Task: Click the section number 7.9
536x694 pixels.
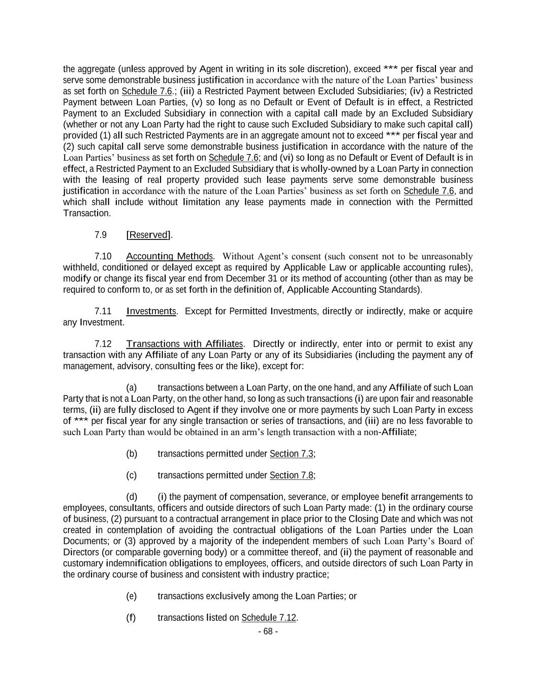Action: click(x=101, y=235)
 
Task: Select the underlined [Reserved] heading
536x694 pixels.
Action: click(x=148, y=235)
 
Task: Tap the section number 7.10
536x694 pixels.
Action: click(x=103, y=256)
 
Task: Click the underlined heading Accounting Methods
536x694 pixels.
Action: click(x=169, y=256)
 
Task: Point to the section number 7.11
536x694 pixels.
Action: click(x=103, y=311)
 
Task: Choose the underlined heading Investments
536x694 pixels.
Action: click(x=151, y=311)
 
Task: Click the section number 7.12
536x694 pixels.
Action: click(x=103, y=344)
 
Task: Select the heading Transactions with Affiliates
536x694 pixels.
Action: click(x=184, y=344)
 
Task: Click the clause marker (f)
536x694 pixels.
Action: click(x=131, y=618)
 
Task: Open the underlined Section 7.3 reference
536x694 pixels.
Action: click(x=292, y=454)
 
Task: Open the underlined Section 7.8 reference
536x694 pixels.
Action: click(x=292, y=475)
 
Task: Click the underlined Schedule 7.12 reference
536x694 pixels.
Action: click(x=268, y=618)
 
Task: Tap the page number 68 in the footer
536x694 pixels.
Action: click(x=268, y=631)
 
